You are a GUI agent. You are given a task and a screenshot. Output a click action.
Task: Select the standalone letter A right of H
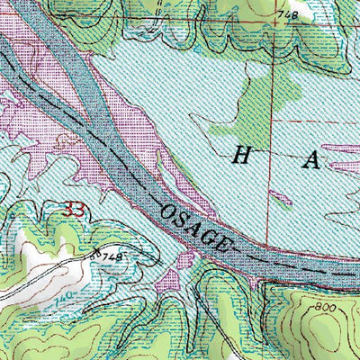coord(311,161)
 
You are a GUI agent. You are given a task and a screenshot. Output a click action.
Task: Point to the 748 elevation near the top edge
coord(287,15)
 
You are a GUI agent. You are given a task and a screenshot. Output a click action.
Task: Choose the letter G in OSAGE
coord(213,237)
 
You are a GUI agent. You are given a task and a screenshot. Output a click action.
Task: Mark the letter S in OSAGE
coord(184,220)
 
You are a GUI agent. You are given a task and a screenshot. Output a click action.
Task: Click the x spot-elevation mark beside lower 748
coord(96,255)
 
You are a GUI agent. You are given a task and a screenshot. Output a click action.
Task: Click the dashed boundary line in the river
coord(297,267)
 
